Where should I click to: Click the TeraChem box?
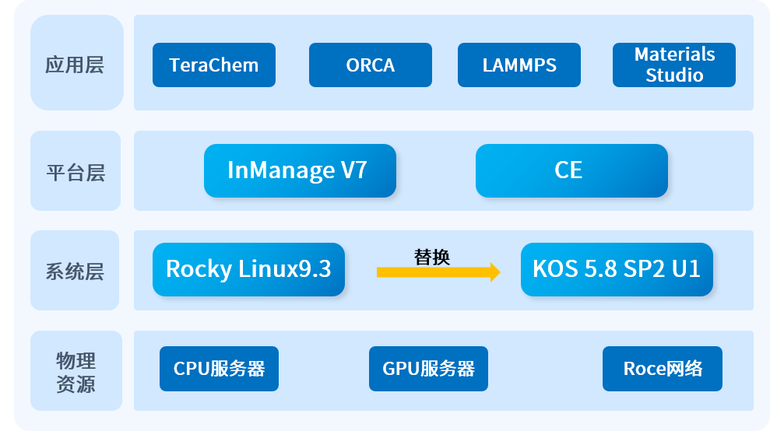(x=214, y=65)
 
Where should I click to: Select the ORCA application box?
(x=370, y=65)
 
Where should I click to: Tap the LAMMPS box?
(x=519, y=65)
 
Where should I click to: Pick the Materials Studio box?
(x=674, y=65)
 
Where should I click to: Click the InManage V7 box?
(x=300, y=170)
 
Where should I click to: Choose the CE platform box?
(x=571, y=170)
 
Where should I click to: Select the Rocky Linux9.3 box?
(x=248, y=269)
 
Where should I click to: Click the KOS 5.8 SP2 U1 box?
(x=617, y=269)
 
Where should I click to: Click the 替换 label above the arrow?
(x=432, y=257)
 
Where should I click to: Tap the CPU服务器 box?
(x=219, y=369)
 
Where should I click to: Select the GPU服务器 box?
(x=428, y=369)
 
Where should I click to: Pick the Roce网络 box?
(x=663, y=369)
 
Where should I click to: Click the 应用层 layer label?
(x=76, y=65)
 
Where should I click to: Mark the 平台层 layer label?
(x=76, y=172)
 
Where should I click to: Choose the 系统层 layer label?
(x=76, y=272)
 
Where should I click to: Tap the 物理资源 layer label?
(x=76, y=372)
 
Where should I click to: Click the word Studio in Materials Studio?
(x=674, y=75)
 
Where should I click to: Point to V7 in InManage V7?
(x=353, y=170)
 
